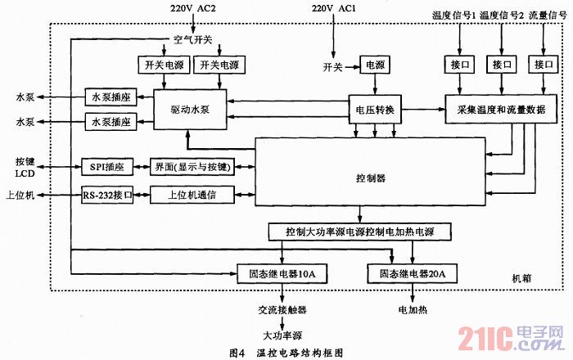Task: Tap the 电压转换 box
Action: pos(374,109)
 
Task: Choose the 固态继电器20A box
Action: pos(412,272)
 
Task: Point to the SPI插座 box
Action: pos(107,166)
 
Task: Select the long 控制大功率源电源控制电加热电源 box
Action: pos(360,232)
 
